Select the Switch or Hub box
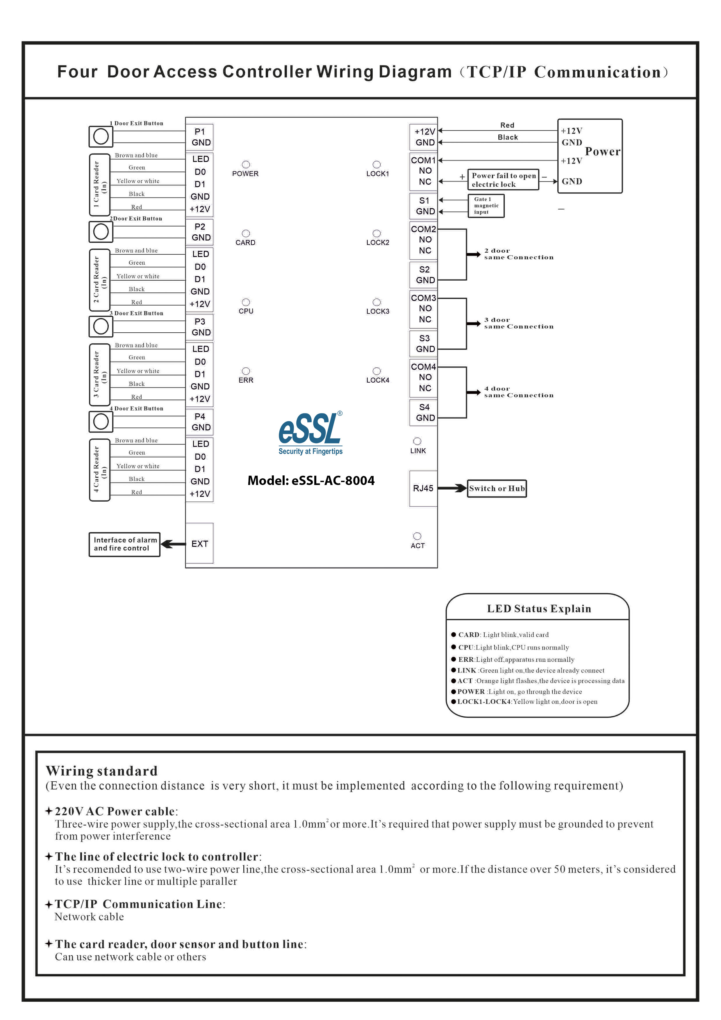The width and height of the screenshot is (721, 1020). (497, 488)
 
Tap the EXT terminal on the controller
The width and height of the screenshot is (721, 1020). (199, 543)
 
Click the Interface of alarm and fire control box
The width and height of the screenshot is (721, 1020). (124, 544)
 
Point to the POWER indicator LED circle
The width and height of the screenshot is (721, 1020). (246, 164)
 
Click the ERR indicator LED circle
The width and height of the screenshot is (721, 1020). (246, 371)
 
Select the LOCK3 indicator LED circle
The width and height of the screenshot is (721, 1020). (377, 302)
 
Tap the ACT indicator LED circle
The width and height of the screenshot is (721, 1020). (417, 536)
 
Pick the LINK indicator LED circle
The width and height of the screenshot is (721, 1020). (417, 441)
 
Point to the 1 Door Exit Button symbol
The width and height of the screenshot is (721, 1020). (101, 136)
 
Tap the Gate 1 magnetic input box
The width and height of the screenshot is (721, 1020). (486, 206)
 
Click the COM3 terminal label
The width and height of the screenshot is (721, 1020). (423, 298)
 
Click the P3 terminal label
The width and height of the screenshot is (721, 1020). (200, 321)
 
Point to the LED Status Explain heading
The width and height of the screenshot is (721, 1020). (539, 609)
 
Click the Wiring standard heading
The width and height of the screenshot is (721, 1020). (102, 771)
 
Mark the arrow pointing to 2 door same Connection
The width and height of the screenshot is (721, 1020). (474, 254)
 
